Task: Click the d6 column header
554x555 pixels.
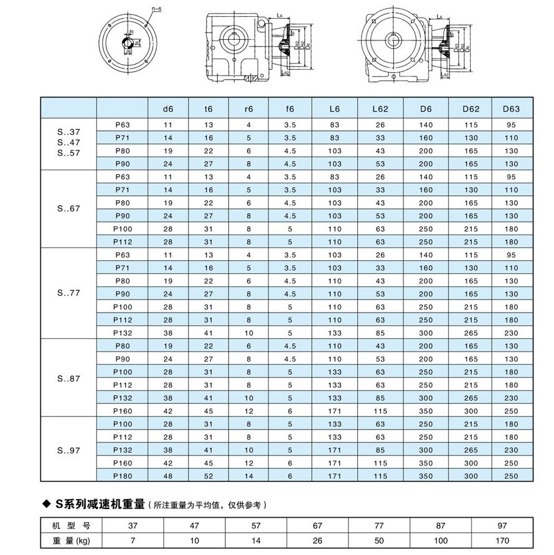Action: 167,109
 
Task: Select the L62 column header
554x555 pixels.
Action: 380,109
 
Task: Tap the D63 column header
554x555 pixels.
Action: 511,109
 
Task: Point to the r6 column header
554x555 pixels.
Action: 249,109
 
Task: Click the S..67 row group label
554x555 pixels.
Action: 68,209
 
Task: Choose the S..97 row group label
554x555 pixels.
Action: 68,449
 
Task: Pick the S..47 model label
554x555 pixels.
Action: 68,142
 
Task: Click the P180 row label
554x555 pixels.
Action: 123,475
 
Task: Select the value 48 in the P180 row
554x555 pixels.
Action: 167,475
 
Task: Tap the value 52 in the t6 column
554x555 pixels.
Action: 209,475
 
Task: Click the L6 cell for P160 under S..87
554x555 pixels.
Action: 335,411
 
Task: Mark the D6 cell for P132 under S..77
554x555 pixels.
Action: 426,333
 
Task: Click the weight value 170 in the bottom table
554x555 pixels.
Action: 502,541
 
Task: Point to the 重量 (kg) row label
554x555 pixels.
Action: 70,541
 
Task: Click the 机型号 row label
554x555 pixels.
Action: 70,525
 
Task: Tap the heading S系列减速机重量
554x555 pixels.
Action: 100,505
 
